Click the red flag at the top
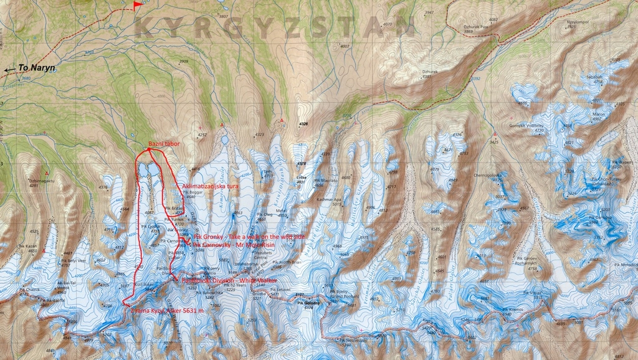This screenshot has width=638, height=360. point(137,6)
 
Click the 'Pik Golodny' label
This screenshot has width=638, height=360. point(308,303)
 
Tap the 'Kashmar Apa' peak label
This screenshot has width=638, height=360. point(328,199)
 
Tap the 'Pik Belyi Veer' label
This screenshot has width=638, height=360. point(74,260)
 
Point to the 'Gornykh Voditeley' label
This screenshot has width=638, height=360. point(526,125)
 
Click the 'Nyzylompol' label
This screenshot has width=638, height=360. point(578,21)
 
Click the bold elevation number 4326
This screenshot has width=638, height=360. point(303,124)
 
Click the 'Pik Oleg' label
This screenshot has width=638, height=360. point(265,214)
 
